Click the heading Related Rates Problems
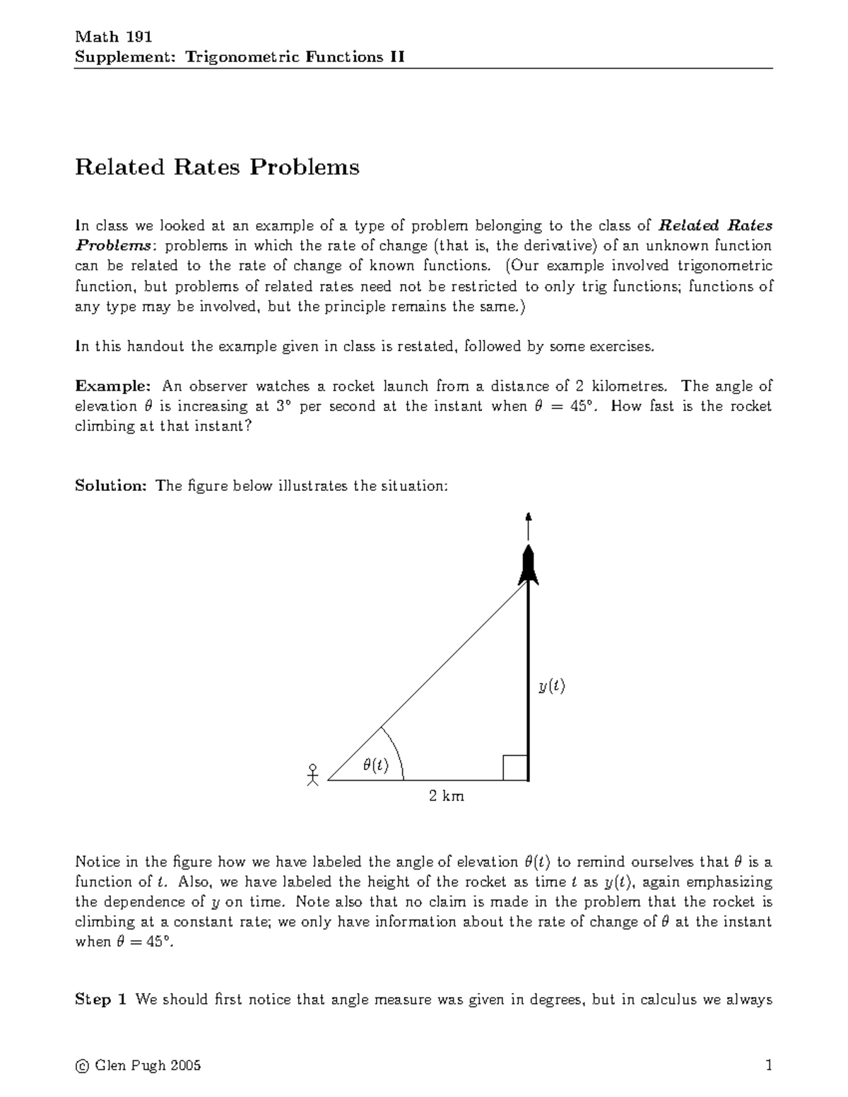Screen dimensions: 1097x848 click(217, 167)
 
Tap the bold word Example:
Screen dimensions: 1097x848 click(112, 386)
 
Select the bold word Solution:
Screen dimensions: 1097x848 click(110, 486)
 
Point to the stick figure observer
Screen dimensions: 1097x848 click(313, 774)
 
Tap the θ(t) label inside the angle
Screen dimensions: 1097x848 click(375, 765)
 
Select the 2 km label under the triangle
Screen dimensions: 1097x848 click(447, 796)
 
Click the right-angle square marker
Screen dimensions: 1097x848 click(515, 768)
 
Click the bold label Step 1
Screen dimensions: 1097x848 click(101, 1000)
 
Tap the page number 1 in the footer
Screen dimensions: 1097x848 click(768, 1065)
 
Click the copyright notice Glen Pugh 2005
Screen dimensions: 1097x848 click(138, 1065)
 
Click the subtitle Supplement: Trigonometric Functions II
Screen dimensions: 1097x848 click(240, 57)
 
